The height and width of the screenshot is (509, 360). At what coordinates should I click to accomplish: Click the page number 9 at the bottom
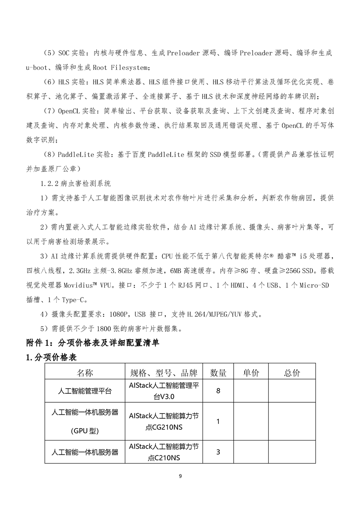click(x=180, y=476)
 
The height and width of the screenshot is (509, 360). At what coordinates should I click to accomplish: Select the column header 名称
click(x=84, y=373)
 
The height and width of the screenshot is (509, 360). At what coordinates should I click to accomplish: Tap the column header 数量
click(x=218, y=373)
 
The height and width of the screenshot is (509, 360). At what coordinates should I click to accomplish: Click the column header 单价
click(x=251, y=373)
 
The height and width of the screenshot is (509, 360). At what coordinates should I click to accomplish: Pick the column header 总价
click(x=292, y=373)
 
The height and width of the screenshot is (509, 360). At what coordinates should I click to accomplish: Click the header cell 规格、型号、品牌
click(x=163, y=373)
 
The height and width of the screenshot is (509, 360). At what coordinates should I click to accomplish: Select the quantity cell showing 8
click(x=218, y=391)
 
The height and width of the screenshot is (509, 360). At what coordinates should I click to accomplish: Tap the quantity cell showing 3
click(x=218, y=452)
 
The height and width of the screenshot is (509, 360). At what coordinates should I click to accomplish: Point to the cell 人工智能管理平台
click(x=85, y=391)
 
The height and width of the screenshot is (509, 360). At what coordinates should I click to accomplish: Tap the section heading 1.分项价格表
click(x=51, y=357)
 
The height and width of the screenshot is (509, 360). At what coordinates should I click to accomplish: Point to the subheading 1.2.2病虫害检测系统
click(x=75, y=184)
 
